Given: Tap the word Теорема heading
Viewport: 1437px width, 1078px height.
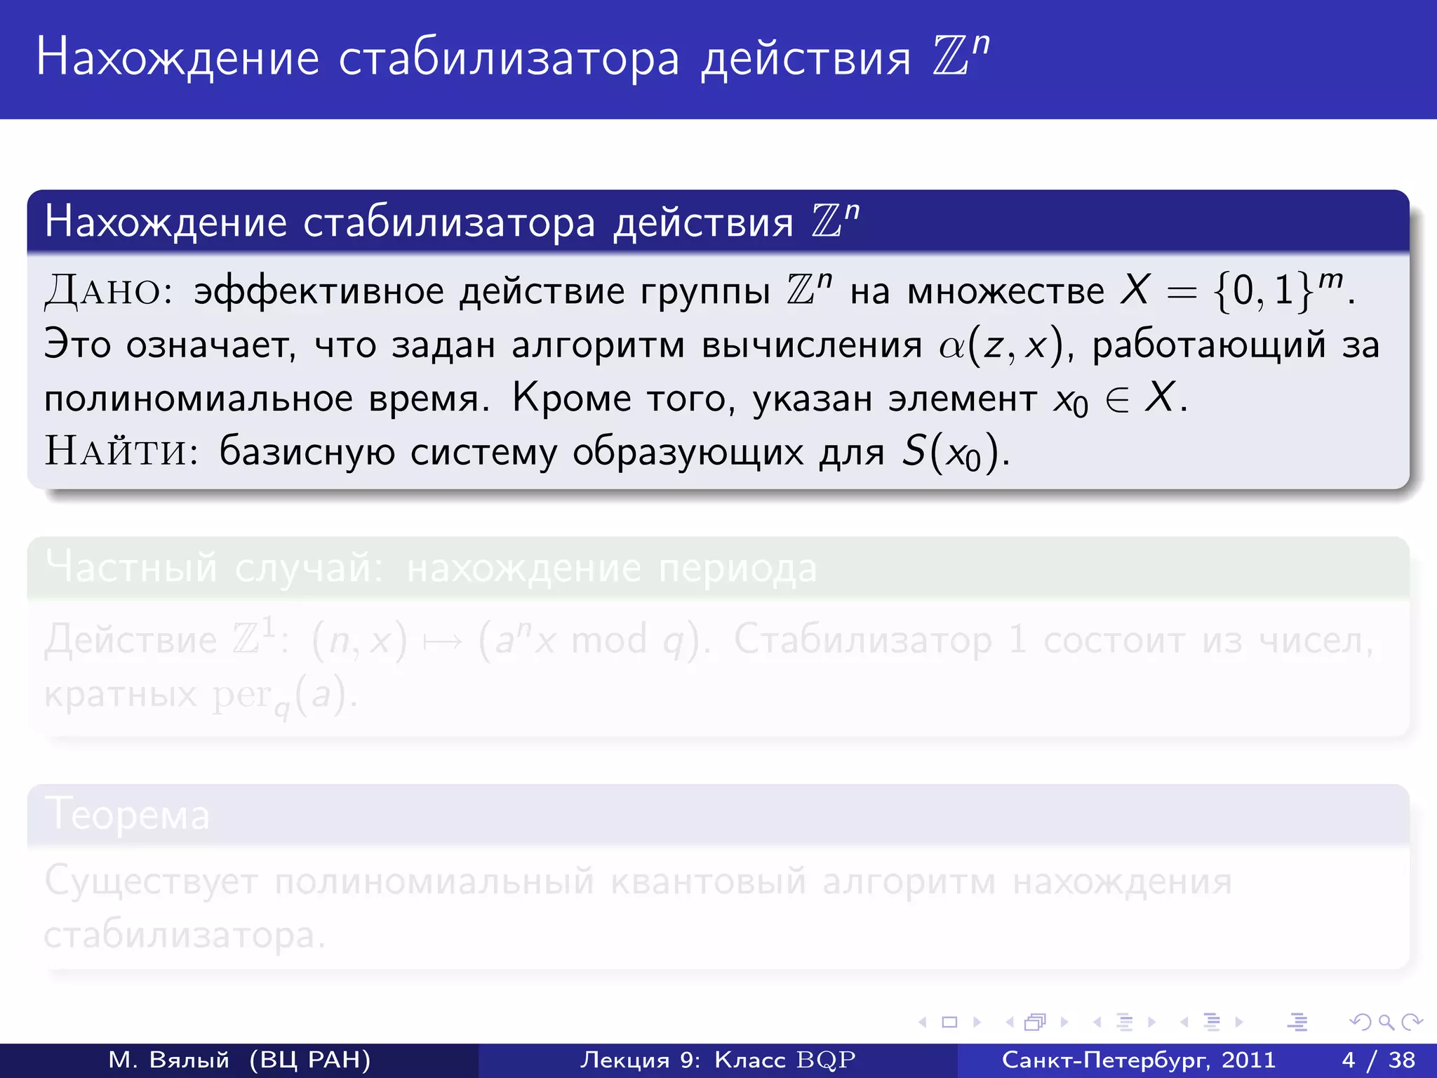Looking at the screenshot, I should tap(127, 815).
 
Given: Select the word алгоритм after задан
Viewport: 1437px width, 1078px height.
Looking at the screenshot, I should tap(597, 345).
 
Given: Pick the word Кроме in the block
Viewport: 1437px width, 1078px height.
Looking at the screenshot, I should tap(571, 399).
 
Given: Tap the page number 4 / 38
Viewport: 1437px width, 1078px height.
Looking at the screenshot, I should tap(1378, 1060).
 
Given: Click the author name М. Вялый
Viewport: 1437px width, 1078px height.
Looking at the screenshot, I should tap(168, 1060).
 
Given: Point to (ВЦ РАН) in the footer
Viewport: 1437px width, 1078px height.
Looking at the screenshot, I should tap(309, 1060).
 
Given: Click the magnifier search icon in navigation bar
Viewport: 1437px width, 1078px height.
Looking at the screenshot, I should tap(1386, 1023).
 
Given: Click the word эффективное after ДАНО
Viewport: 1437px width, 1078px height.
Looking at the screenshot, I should tap(319, 291).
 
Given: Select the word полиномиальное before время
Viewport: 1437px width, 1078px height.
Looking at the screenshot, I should tap(199, 399).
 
